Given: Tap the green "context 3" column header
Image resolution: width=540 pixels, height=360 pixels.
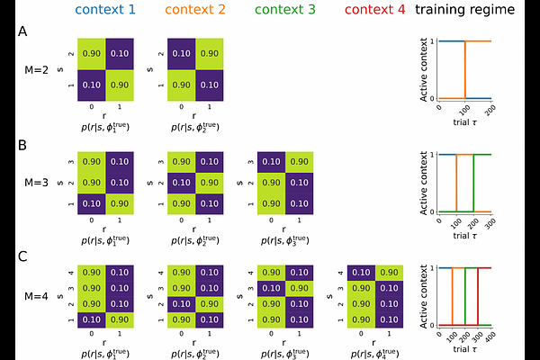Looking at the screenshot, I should point(283,12).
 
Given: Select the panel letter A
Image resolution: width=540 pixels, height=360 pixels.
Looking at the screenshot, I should point(22,31).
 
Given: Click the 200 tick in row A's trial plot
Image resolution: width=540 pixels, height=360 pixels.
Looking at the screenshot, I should point(490,107).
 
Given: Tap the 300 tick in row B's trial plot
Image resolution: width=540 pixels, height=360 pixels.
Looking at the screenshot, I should point(490,220).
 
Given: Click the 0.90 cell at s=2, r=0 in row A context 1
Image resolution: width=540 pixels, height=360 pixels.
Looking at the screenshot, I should point(91,54).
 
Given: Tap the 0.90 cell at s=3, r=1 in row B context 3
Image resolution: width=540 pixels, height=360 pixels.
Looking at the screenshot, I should point(299,162).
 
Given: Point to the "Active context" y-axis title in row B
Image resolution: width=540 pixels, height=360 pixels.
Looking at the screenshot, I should point(424,183).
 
